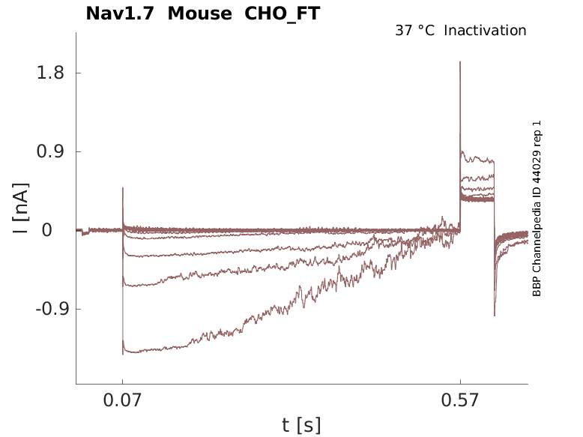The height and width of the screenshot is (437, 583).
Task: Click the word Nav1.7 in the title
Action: (x=121, y=13)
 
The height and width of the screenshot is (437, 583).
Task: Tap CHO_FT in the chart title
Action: (x=283, y=13)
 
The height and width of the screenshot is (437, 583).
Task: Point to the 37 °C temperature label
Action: (x=414, y=31)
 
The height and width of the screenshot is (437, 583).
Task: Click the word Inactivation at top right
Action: (x=485, y=31)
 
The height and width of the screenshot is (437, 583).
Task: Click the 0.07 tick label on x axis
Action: (x=122, y=401)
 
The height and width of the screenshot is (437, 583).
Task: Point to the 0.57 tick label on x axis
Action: (x=460, y=401)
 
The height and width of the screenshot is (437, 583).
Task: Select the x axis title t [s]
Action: (x=301, y=426)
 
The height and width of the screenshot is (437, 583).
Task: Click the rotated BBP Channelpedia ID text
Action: (x=537, y=208)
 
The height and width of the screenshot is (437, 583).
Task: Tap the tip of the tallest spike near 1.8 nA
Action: (x=460, y=62)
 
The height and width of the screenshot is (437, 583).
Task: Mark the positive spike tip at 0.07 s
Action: (x=123, y=188)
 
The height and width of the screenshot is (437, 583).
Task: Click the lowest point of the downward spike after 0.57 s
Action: (x=495, y=315)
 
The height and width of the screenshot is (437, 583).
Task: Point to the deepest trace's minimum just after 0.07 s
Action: (x=124, y=352)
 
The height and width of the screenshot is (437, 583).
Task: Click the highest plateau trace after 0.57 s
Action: (x=476, y=157)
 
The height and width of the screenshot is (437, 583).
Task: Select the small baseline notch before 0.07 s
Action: (x=85, y=233)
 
